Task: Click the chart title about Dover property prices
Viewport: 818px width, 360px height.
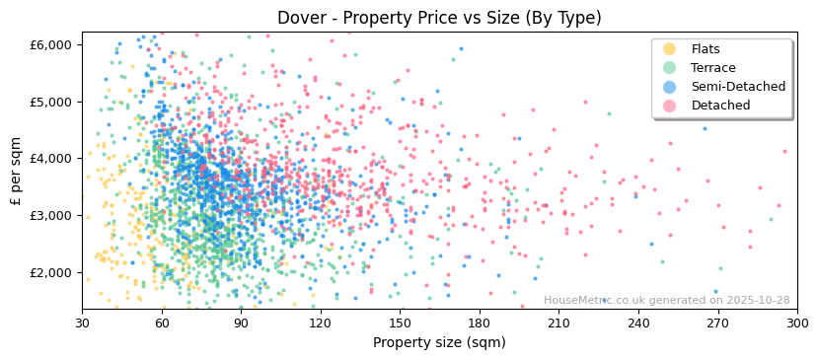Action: coord(439,18)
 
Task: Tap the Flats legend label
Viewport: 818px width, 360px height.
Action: coord(705,49)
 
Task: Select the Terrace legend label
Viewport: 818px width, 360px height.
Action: coord(712,68)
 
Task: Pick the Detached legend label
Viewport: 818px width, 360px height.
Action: coord(720,106)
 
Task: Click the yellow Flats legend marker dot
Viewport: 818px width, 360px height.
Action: coord(669,49)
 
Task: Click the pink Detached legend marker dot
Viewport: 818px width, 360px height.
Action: coord(669,106)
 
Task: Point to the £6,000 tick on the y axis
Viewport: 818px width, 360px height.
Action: coord(51,44)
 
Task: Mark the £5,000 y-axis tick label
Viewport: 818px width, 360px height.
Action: coord(51,102)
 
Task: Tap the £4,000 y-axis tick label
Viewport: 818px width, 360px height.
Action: coord(51,158)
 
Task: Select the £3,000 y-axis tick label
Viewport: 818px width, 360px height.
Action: coord(51,215)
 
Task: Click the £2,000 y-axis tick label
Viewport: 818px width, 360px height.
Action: coord(51,272)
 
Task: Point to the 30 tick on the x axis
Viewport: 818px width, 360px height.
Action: coord(82,323)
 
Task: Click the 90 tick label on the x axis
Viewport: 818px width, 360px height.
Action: coord(241,323)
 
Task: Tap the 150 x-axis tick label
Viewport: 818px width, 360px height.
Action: coord(400,323)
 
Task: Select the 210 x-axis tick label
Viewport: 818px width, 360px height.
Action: coord(558,323)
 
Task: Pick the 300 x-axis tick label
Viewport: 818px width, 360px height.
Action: coord(796,323)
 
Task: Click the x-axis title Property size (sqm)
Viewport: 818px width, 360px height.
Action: coord(439,342)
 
